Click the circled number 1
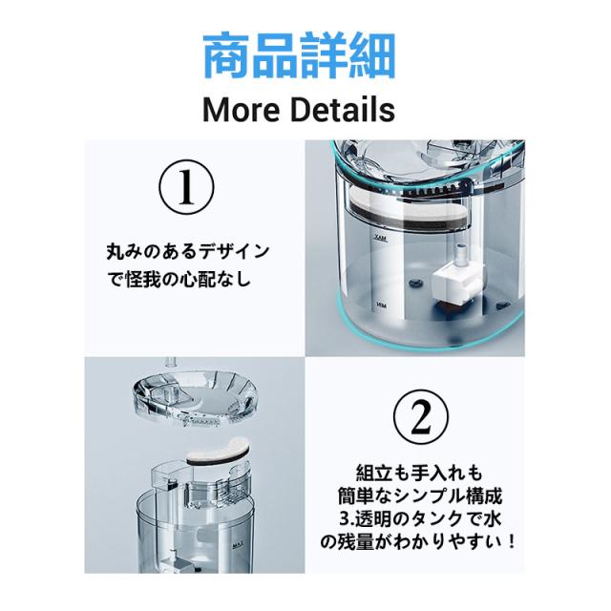pyautogui.click(x=186, y=187)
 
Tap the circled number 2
pyautogui.click(x=421, y=418)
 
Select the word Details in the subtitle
pyautogui.click(x=343, y=110)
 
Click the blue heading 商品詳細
pyautogui.click(x=299, y=55)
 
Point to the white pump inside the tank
pyautogui.click(x=458, y=280)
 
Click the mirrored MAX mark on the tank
pyautogui.click(x=380, y=238)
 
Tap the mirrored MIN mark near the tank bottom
pyautogui.click(x=381, y=305)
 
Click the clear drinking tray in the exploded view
pyautogui.click(x=195, y=396)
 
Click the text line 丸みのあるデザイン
pyautogui.click(x=187, y=251)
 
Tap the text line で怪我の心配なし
pyautogui.click(x=179, y=279)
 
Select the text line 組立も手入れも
pyautogui.click(x=419, y=473)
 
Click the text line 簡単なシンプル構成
pyautogui.click(x=420, y=495)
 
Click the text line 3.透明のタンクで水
pyautogui.click(x=420, y=518)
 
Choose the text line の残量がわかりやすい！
pyautogui.click(x=419, y=541)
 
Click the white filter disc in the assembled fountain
pyautogui.click(x=407, y=210)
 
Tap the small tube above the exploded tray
pyautogui.click(x=171, y=362)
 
